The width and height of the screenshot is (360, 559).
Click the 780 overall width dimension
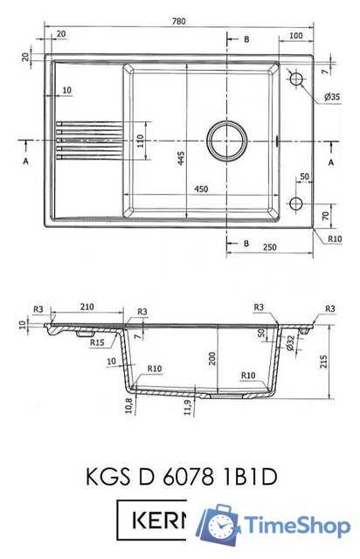[179, 21]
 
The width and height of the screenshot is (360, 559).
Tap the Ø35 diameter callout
[332, 97]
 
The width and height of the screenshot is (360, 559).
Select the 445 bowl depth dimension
[181, 158]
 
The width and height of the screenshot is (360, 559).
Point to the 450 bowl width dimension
[201, 189]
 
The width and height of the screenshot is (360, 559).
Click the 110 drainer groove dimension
[140, 141]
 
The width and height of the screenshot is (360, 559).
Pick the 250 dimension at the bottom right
[269, 246]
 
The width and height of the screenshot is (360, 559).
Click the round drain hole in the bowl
[227, 141]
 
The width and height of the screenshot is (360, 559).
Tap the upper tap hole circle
[296, 79]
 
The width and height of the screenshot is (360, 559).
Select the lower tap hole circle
[296, 204]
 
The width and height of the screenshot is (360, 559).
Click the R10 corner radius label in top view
[335, 238]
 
